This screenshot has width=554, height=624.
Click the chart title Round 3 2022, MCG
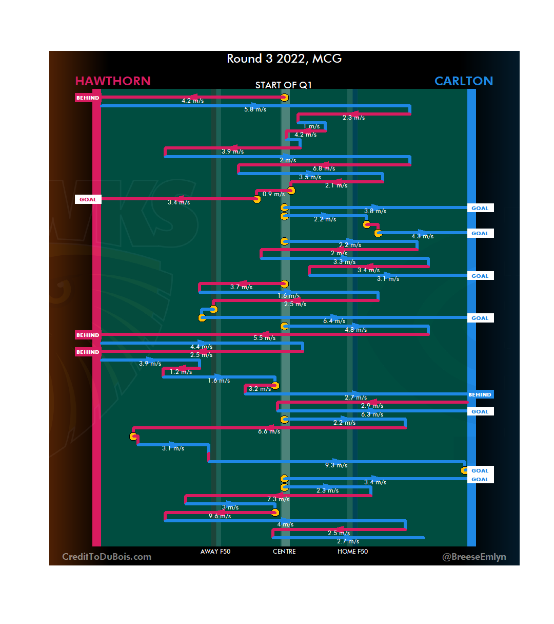point(284,59)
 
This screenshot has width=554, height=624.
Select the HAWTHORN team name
point(113,81)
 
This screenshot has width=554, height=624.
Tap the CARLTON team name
point(463,81)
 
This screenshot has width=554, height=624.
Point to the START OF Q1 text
point(284,85)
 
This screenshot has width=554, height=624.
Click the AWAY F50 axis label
point(215,552)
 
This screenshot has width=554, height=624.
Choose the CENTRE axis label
point(284,552)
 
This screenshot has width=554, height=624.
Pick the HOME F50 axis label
point(352,552)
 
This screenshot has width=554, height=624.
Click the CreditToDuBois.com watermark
point(107,557)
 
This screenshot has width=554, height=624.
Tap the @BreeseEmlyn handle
point(474,557)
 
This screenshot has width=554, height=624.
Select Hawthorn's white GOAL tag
point(88,199)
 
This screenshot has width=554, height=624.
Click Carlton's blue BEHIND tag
point(480,395)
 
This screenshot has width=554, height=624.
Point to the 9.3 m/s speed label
point(336,465)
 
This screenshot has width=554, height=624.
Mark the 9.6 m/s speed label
point(220,516)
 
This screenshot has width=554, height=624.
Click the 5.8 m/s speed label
point(255,109)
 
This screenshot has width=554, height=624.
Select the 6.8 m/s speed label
point(324,168)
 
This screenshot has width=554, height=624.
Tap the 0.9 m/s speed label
point(273,194)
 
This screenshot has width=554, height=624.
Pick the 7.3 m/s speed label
point(278,499)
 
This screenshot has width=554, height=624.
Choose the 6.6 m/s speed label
point(269,431)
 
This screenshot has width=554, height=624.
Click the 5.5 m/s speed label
point(264,338)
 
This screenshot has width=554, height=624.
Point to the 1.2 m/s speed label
point(181,372)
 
